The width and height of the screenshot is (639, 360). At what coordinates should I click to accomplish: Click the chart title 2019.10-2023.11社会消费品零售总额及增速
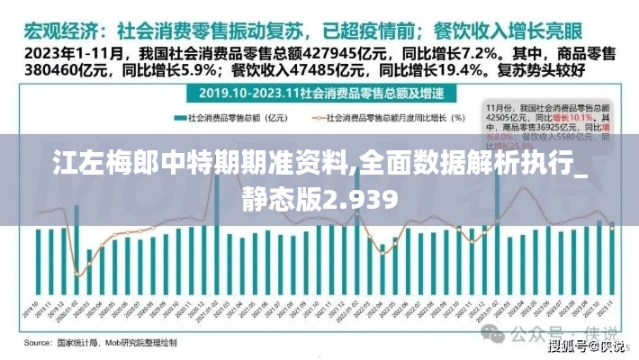point(319,93)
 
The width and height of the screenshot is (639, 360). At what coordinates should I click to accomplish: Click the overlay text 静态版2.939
point(319,197)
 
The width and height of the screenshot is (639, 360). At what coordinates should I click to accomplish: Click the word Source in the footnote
point(38,343)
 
